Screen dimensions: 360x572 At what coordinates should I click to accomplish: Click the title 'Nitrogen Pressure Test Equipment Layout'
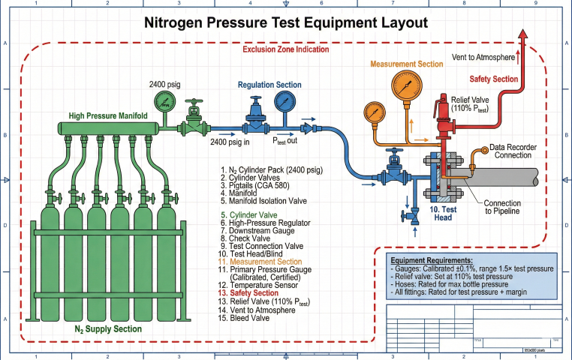coord(285,23)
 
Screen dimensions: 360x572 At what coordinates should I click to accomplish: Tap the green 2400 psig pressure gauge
coord(164,100)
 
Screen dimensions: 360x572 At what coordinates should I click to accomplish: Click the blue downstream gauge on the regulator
coord(284,102)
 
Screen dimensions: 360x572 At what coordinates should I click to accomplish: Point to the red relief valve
coord(437,114)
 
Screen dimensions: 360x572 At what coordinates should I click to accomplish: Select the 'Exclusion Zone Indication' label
coord(285,49)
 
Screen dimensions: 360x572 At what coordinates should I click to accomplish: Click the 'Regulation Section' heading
coord(269,85)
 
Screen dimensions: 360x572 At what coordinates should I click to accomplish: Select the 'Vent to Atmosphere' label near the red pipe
coord(483,57)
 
